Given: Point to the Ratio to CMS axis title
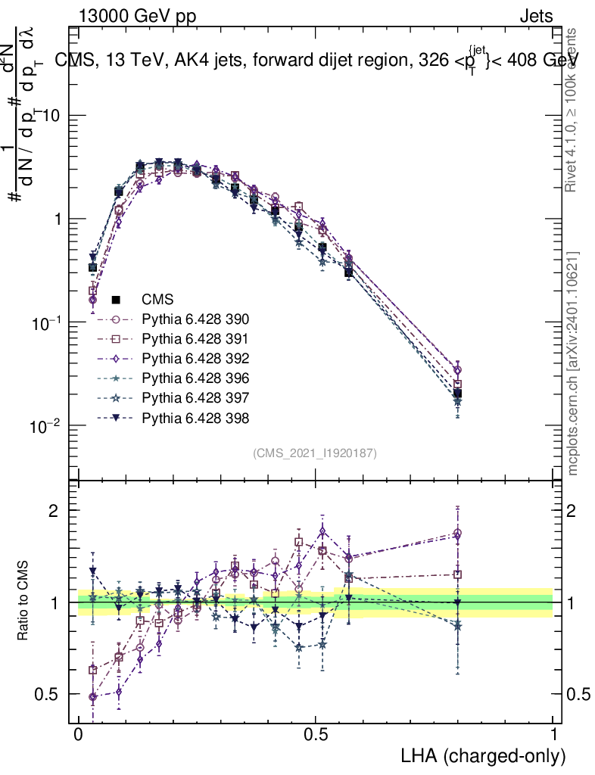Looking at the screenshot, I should pos(23,602).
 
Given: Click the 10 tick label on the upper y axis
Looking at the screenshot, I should pos(52,116).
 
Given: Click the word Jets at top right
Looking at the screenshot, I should pos(536,16).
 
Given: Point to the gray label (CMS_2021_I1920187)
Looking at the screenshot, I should pos(315,453).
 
